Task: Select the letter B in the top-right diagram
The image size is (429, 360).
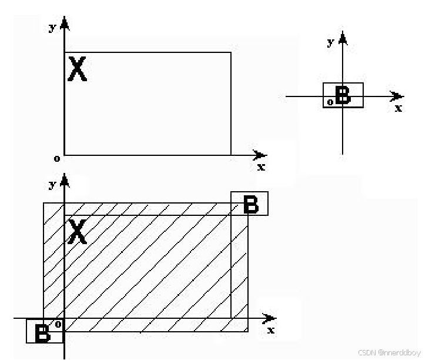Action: click(343, 95)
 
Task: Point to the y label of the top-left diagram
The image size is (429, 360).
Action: click(52, 28)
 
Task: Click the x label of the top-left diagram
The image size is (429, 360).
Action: click(261, 167)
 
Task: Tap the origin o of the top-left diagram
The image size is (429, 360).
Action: click(57, 158)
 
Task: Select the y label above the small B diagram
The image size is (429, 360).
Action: click(331, 42)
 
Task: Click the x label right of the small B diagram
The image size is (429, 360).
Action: click(398, 108)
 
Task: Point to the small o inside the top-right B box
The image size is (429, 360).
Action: click(330, 102)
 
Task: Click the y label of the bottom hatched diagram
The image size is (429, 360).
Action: click(52, 184)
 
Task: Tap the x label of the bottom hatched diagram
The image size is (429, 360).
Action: click(270, 330)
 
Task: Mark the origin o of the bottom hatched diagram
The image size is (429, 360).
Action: click(58, 324)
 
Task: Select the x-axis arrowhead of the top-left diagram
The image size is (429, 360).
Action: click(260, 155)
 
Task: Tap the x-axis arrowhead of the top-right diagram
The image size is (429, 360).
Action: click(398, 96)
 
